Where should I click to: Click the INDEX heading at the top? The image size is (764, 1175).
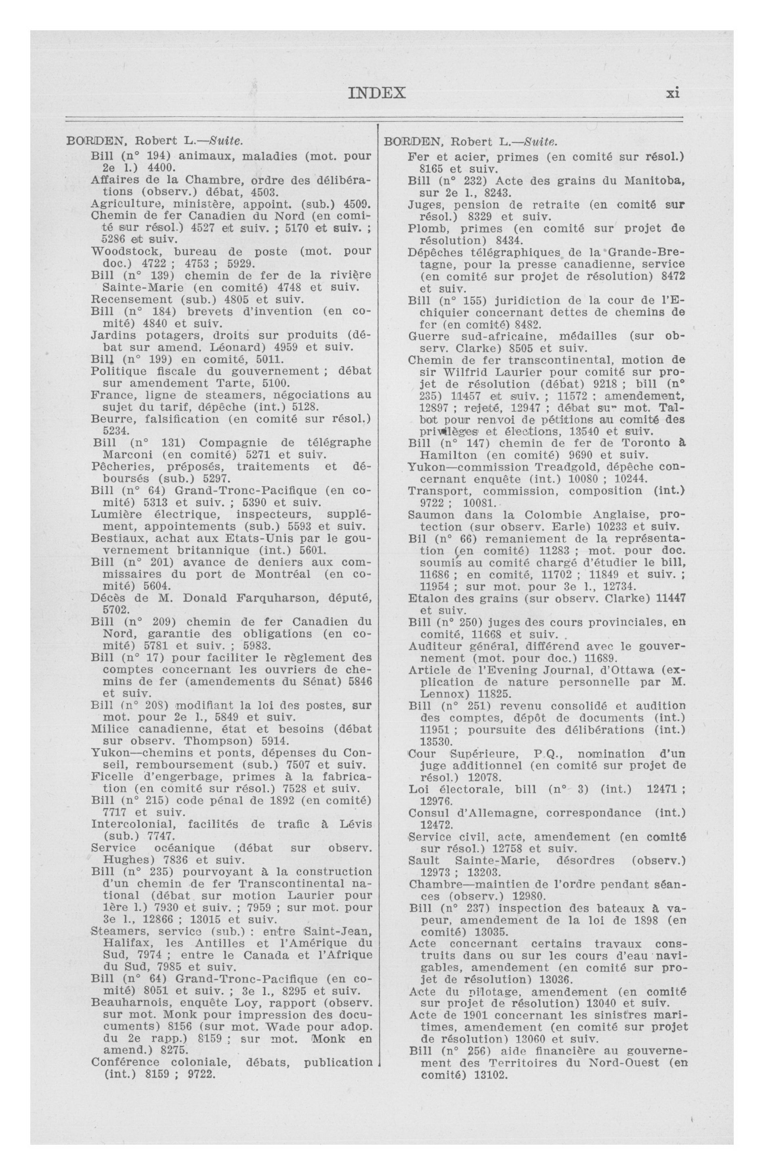(x=377, y=93)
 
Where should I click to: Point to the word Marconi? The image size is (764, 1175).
(x=128, y=455)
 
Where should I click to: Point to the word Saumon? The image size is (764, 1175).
(x=430, y=515)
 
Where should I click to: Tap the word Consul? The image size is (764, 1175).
(x=428, y=813)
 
